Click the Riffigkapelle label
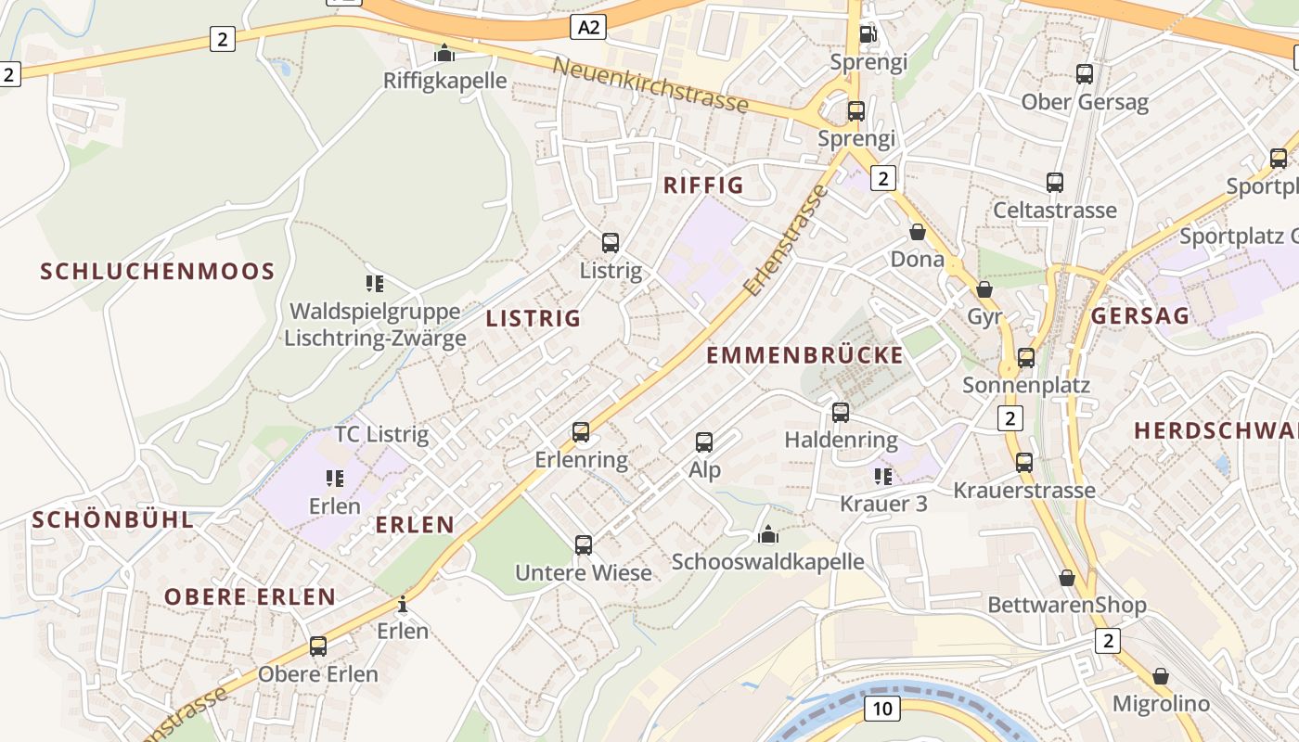point(445,81)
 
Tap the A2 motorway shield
point(590,28)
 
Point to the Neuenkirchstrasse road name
point(649,84)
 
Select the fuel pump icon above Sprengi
point(868,34)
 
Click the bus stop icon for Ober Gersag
point(1085,74)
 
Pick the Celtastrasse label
point(1055,211)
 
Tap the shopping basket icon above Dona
point(918,232)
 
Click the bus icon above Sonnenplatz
point(1026,357)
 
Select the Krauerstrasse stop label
point(1024,490)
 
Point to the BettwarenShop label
point(1067,606)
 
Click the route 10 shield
point(881,710)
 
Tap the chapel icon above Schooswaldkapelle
point(767,535)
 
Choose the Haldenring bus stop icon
point(841,412)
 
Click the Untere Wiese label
point(584,573)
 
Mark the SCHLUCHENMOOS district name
point(158,272)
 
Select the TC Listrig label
point(381,434)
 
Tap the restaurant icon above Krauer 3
point(882,477)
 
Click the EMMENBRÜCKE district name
point(804,355)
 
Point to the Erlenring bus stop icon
point(581,432)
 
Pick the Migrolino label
point(1161,704)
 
